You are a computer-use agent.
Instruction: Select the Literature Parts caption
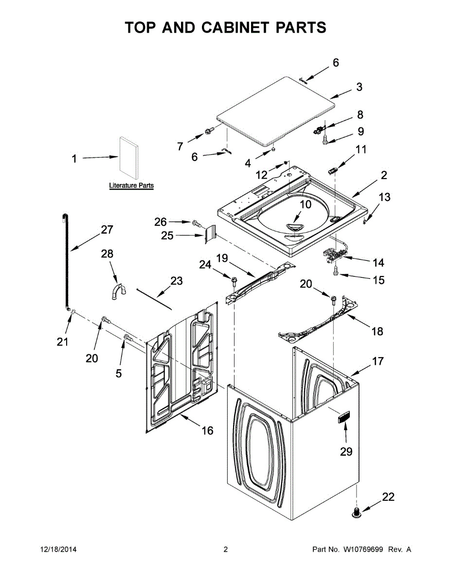[131, 185]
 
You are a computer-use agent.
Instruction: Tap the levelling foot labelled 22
[357, 511]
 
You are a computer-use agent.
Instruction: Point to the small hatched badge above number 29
[343, 417]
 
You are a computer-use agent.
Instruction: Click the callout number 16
[208, 430]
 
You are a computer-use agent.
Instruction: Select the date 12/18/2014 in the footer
[58, 549]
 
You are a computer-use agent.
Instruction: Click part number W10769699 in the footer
[364, 549]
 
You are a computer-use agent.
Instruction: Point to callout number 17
[378, 361]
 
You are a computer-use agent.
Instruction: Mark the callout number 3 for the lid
[359, 87]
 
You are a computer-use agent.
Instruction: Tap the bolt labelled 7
[210, 131]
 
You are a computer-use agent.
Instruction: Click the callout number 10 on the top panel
[305, 204]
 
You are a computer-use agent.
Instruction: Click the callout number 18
[377, 331]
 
